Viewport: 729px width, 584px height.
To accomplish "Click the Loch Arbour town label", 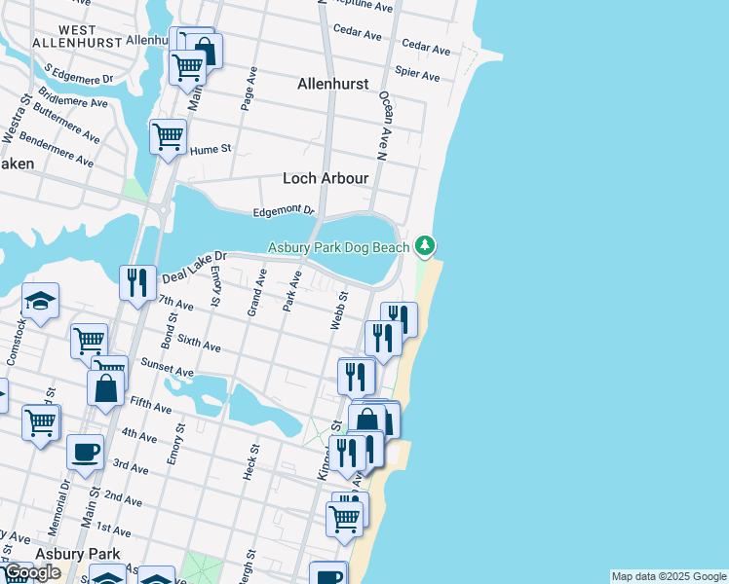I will (326, 179).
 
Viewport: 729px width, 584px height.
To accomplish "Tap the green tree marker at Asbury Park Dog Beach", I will (424, 245).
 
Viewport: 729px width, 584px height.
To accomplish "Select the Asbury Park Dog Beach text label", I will (339, 248).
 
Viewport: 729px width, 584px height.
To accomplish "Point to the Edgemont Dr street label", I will (284, 210).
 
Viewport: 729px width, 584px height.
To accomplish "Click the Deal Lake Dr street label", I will (193, 266).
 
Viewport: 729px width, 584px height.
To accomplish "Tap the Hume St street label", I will (210, 150).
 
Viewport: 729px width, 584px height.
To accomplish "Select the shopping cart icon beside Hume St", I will (168, 135).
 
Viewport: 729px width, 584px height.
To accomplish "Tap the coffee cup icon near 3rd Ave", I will (85, 451).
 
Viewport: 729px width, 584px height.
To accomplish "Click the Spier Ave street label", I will (417, 76).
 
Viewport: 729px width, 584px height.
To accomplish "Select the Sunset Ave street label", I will (167, 371).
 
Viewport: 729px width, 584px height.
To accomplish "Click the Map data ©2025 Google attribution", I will (669, 576).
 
